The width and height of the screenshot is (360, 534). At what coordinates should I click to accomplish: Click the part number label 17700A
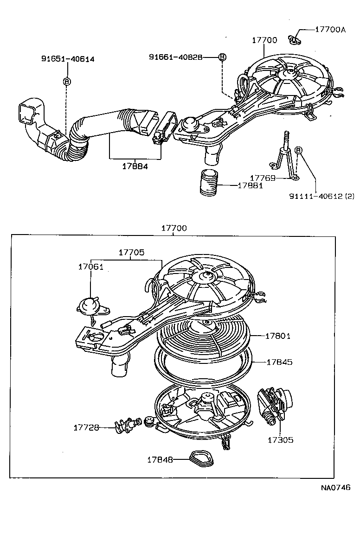click(330, 29)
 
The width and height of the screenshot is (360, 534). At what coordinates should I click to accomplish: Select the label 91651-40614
click(68, 59)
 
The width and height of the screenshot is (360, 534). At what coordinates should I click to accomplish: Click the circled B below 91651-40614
click(67, 81)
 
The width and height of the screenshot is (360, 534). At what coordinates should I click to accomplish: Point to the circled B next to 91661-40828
click(222, 57)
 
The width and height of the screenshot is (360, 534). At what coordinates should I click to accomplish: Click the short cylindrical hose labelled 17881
click(209, 184)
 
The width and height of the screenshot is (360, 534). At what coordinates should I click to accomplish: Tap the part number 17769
click(263, 178)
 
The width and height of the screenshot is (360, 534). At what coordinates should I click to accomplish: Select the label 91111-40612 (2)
click(321, 196)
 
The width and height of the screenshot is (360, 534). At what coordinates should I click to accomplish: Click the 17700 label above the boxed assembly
click(174, 228)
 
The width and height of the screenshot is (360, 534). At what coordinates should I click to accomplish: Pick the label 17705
click(131, 253)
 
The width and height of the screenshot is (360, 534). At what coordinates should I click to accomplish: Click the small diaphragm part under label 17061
click(89, 306)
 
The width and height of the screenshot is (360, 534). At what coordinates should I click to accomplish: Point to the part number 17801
click(278, 336)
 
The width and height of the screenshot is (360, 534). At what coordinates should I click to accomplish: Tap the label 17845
click(279, 362)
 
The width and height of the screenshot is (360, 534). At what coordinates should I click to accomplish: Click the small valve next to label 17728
click(126, 425)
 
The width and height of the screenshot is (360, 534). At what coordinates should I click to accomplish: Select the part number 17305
click(280, 440)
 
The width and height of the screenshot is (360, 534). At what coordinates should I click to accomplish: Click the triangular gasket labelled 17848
click(200, 459)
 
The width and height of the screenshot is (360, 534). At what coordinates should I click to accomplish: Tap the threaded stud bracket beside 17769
click(284, 155)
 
